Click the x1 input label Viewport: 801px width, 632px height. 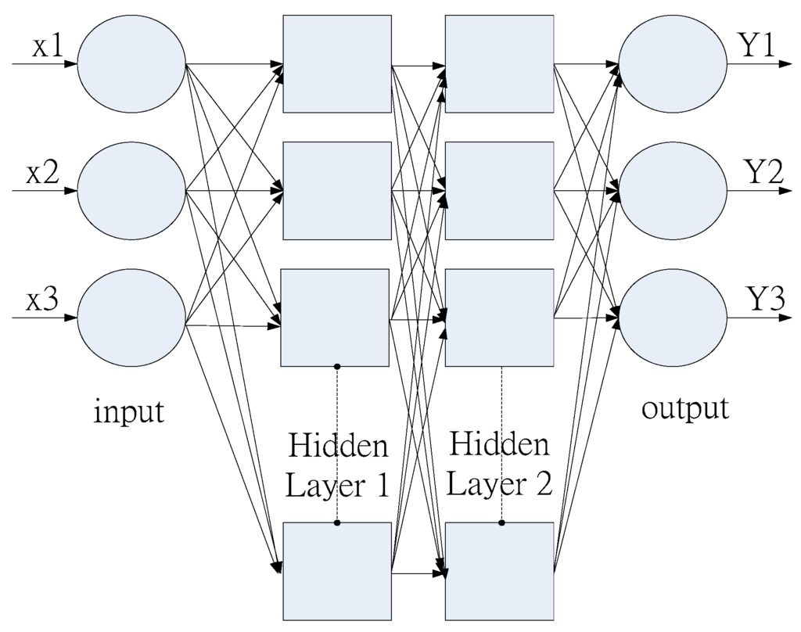point(47,48)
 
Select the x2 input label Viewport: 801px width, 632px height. point(44,174)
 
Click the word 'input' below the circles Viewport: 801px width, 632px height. point(129,411)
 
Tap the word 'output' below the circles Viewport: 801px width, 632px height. point(685,408)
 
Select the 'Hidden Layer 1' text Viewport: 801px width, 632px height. point(337,466)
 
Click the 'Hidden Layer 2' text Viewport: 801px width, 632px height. point(499,465)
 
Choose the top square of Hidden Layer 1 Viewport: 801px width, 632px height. point(336,63)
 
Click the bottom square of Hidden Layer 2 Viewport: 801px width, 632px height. point(499,571)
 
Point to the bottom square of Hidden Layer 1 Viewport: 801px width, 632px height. point(336,571)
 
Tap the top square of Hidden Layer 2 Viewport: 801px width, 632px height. point(499,63)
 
